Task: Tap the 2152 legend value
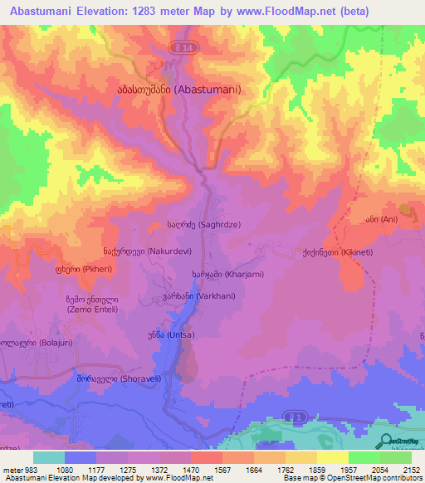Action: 411,469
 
